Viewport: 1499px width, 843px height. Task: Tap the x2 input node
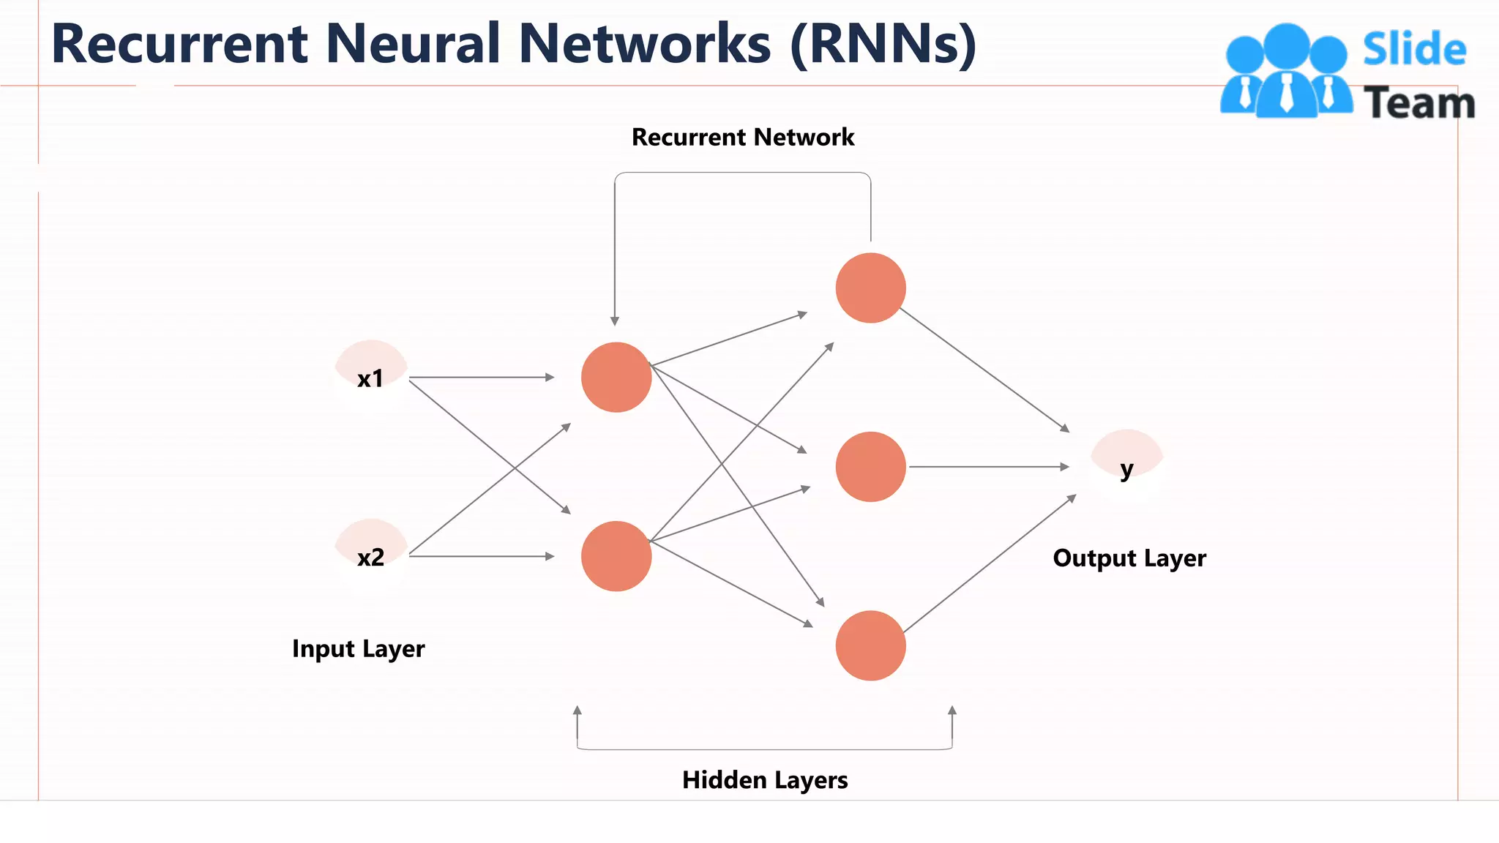pos(370,556)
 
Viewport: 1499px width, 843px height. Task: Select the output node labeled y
pos(1126,466)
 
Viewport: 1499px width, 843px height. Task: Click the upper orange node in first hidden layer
pos(616,377)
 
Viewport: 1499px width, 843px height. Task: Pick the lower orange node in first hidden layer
pos(616,556)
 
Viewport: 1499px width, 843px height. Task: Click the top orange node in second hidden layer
pos(870,288)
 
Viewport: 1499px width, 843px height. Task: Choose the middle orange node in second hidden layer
pos(870,467)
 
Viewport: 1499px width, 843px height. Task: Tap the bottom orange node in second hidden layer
pos(870,645)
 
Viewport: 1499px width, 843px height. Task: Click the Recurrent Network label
pos(742,138)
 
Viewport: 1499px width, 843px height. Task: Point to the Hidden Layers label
pos(764,780)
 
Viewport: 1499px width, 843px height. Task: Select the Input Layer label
pos(358,649)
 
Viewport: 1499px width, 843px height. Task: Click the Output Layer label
pos(1129,558)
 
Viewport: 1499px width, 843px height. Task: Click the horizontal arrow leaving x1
pos(481,378)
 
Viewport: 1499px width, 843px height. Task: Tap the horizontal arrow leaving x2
pos(481,556)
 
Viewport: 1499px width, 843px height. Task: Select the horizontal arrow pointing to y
pos(988,466)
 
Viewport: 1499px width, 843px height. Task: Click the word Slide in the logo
pos(1413,50)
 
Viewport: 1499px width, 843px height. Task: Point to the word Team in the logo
pos(1418,102)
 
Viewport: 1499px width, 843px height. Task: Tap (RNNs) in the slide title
pos(883,44)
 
